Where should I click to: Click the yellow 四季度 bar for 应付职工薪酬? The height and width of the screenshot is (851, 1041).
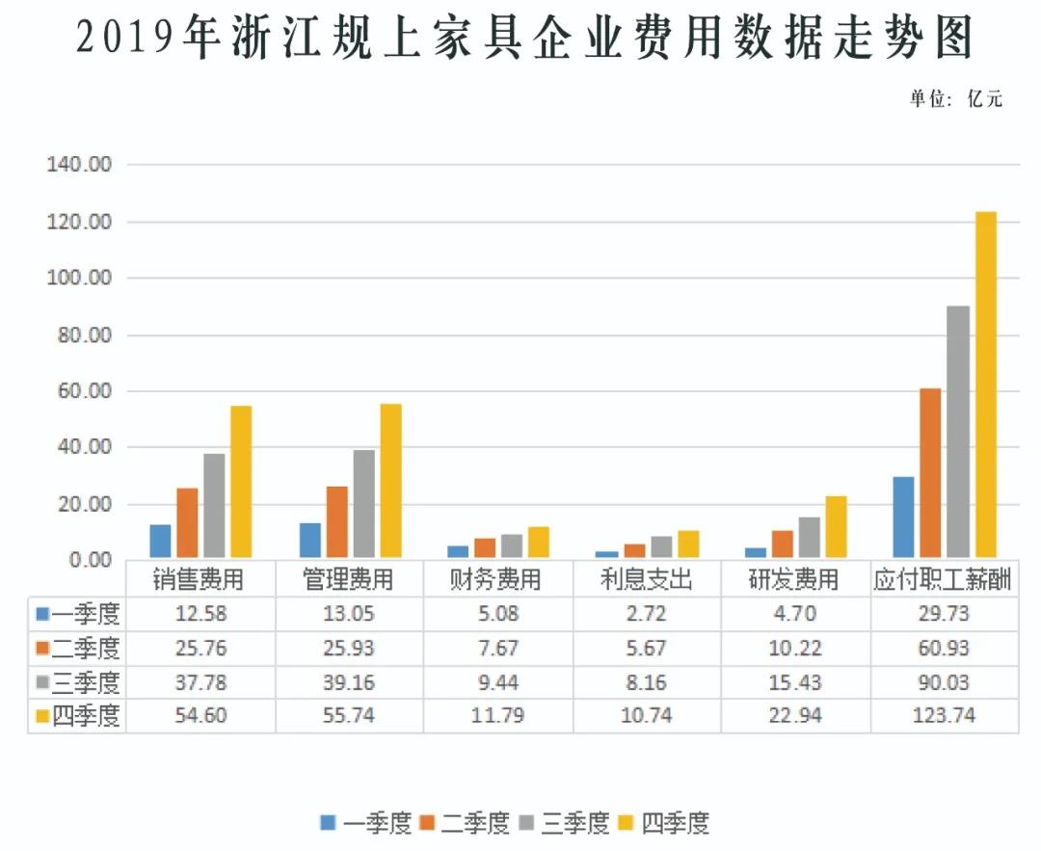(x=985, y=385)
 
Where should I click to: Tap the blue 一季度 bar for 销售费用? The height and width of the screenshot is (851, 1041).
(x=161, y=541)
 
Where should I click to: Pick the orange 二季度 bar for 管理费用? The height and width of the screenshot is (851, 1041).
(x=337, y=521)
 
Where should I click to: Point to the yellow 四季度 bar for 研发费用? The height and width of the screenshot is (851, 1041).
(x=836, y=526)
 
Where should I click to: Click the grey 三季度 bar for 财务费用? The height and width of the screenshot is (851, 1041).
(x=513, y=545)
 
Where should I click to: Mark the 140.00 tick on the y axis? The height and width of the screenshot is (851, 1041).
(x=80, y=165)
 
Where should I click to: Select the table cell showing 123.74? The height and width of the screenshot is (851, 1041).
(x=945, y=715)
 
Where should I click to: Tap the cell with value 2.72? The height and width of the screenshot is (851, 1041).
(x=646, y=613)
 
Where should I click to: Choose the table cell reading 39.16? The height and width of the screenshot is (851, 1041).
(x=349, y=681)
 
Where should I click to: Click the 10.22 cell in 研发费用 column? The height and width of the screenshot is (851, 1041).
(x=795, y=647)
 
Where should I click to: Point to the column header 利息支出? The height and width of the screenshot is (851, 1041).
(x=646, y=579)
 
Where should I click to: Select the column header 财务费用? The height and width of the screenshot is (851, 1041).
(x=496, y=579)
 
